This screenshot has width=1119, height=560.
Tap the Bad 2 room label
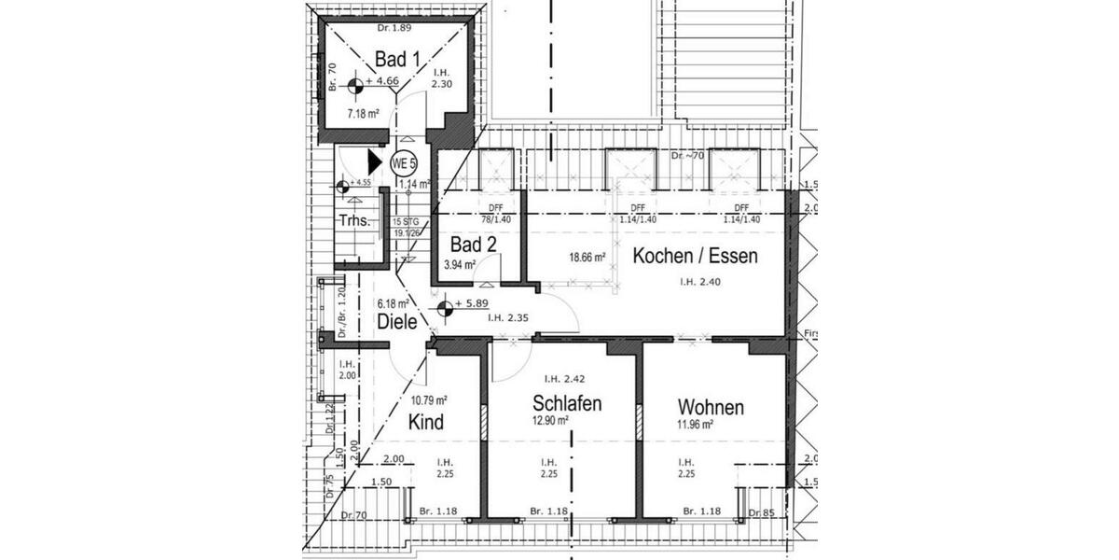(473, 245)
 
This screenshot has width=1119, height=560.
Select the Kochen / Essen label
(695, 256)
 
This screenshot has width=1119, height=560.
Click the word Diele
(396, 322)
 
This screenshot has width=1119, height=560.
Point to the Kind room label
(425, 422)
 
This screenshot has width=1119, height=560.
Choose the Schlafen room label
(566, 403)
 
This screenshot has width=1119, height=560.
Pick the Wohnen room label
(711, 408)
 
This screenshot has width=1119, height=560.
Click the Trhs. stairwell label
(354, 221)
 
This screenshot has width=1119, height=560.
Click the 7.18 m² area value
(363, 114)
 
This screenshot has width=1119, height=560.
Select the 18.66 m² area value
(588, 258)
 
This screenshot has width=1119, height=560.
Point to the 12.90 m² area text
(550, 421)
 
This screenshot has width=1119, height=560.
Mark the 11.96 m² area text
(695, 425)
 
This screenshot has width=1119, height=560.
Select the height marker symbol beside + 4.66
(355, 87)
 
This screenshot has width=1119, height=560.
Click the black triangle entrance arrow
(374, 161)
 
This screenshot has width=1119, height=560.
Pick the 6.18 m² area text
(393, 303)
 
